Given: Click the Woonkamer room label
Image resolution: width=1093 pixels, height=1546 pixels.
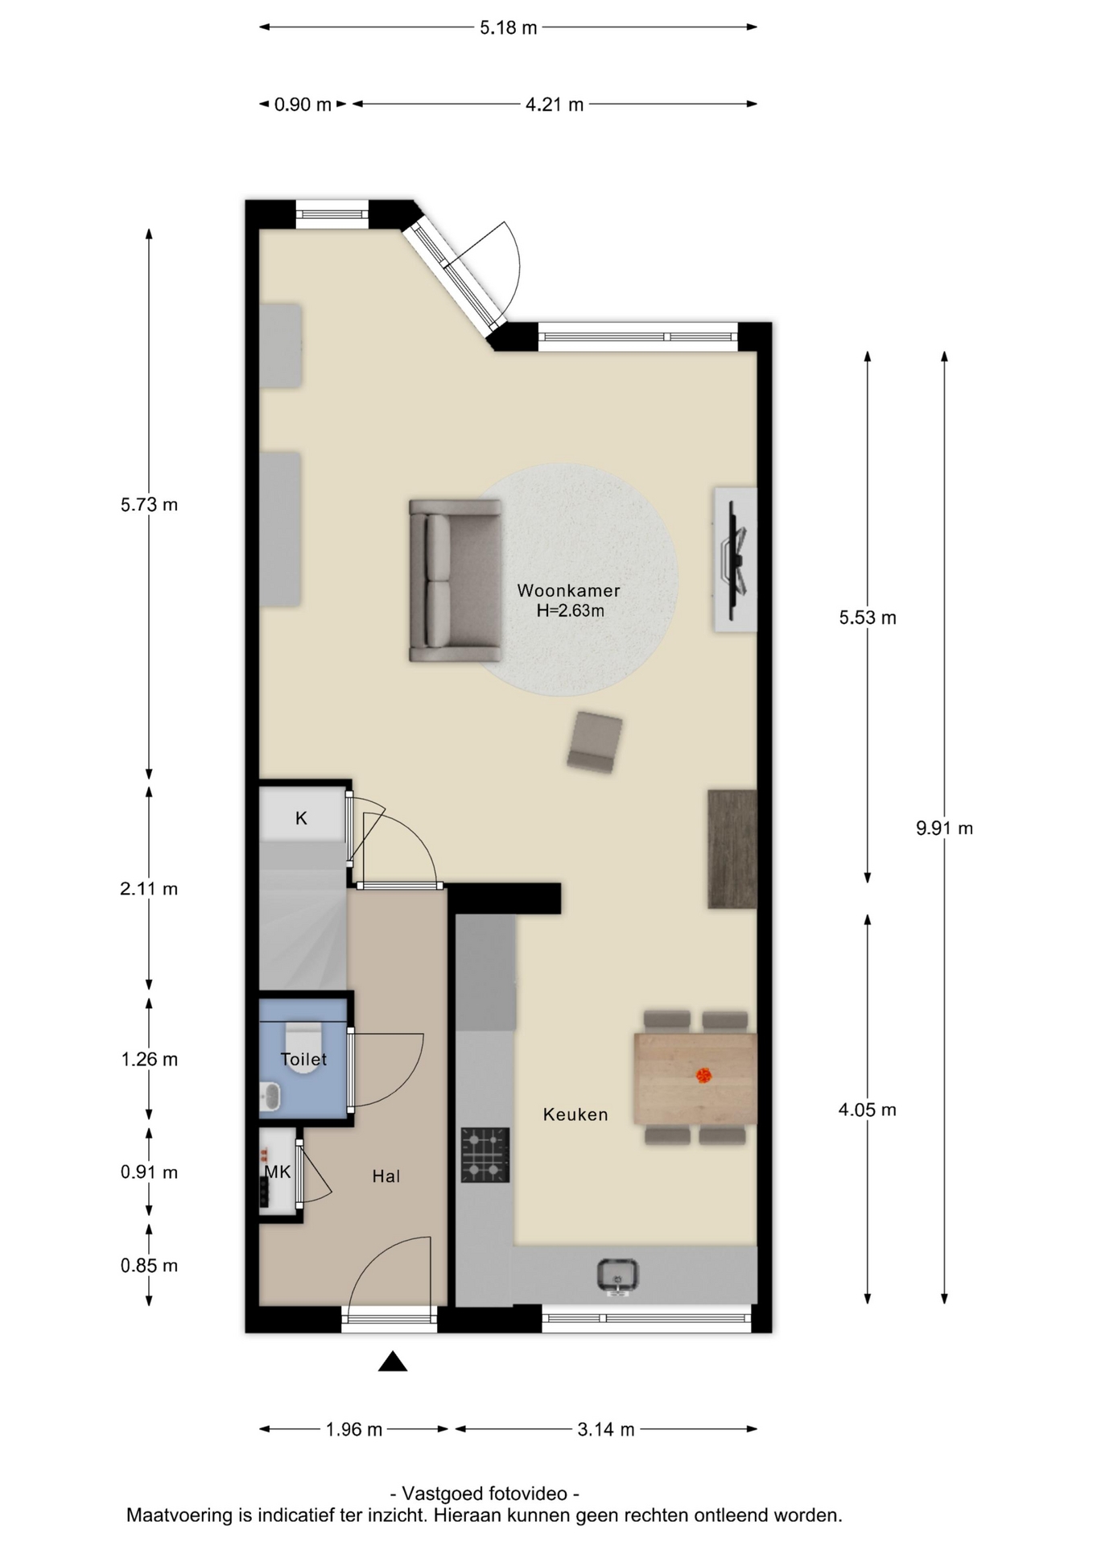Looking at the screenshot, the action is (568, 590).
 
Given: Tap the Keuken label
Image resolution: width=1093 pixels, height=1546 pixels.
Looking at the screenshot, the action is (575, 1114).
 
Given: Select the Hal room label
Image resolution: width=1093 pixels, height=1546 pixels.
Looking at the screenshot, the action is (386, 1176).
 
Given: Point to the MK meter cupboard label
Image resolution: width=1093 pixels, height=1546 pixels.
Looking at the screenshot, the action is (278, 1172).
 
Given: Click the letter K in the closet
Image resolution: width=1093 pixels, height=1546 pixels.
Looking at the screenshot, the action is (301, 818).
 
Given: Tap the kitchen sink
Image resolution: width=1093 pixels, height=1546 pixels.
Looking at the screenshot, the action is (617, 1276).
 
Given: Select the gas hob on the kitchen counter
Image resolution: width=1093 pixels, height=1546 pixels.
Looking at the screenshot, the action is (485, 1155).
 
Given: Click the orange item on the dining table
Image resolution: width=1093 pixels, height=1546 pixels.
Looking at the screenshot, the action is (703, 1075).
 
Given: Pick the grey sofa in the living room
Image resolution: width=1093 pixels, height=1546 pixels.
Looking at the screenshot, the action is (456, 581).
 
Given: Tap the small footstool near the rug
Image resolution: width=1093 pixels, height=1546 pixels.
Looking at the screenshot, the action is (595, 741).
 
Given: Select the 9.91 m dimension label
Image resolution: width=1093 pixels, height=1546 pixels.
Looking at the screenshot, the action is (944, 828).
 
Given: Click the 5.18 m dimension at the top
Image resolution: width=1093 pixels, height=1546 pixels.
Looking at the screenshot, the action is (509, 27).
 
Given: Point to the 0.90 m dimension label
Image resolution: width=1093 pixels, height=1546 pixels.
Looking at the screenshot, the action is (303, 105).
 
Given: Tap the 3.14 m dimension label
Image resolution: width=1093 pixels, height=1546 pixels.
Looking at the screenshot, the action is (606, 1429).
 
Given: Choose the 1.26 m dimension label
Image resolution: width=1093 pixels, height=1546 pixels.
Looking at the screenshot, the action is (149, 1059).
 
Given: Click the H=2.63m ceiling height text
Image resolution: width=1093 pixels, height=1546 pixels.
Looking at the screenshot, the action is (570, 610).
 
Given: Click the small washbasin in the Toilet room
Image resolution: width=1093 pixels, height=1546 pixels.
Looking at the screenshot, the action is (270, 1096).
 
